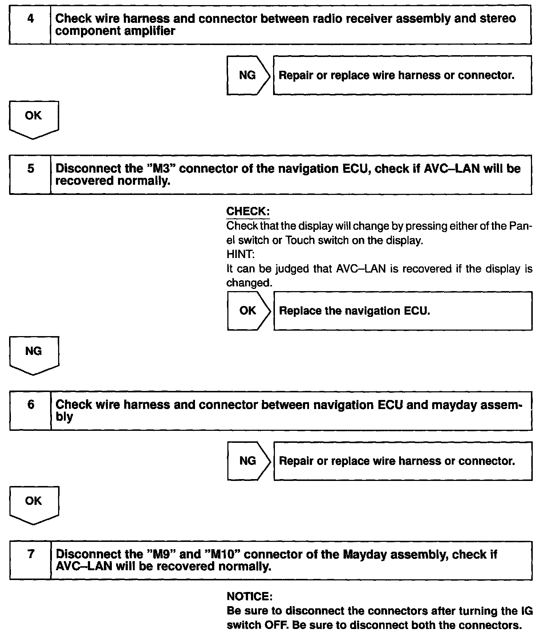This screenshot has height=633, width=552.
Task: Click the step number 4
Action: coord(31,19)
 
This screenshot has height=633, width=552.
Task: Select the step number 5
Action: coord(31,168)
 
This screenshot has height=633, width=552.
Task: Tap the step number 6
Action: coord(31,404)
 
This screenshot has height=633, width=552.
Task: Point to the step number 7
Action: coord(31,554)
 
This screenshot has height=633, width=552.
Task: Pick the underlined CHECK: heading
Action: coord(248,211)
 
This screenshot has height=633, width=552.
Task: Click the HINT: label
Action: coord(240,254)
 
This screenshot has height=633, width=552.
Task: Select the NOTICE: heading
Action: coord(249,596)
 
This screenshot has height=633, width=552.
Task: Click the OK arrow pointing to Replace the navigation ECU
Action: coord(248,311)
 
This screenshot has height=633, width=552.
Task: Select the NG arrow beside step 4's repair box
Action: coord(248,75)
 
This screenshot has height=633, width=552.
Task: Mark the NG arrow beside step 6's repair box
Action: coord(248,461)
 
